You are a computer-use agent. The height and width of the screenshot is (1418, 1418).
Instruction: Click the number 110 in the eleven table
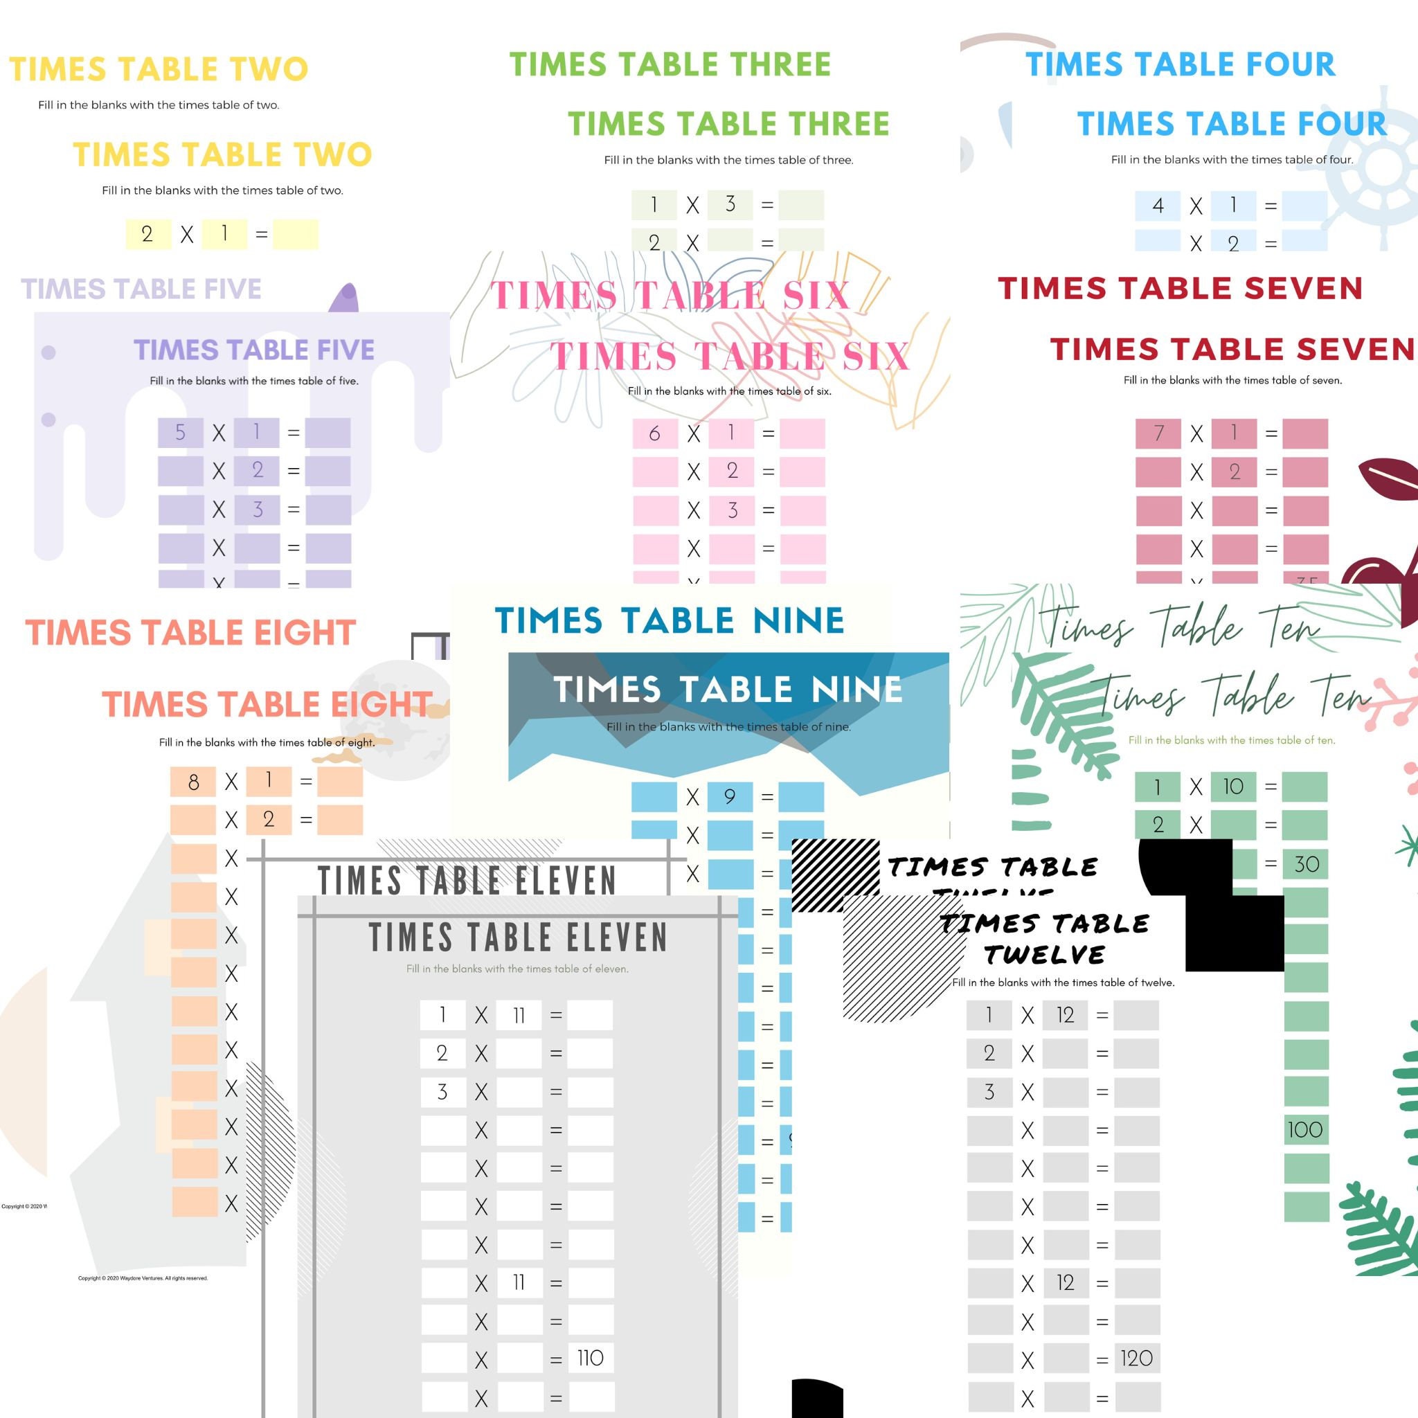coord(590,1358)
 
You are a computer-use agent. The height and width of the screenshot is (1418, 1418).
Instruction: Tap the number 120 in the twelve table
coord(1137,1358)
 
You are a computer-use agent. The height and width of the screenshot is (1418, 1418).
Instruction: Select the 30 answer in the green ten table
coord(1307,864)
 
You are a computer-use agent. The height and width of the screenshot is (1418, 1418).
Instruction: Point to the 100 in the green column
coord(1305,1129)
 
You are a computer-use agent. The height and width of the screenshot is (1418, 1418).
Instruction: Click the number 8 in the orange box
coord(193,782)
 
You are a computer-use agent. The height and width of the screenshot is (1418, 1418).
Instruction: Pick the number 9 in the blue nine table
coord(730,796)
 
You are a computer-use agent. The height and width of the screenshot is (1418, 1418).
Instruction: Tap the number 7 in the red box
coord(1158,433)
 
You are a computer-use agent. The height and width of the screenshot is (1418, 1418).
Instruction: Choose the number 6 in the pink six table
coord(655,433)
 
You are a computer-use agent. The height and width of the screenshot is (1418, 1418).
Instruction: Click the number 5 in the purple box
coord(181,432)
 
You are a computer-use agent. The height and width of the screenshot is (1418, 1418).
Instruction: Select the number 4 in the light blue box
coord(1158,206)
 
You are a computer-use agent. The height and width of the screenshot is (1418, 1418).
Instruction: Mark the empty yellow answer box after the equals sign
coord(295,234)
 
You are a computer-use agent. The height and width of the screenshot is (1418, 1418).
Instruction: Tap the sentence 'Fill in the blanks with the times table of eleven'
coord(517,969)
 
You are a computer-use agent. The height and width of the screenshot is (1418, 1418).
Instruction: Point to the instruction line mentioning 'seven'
coord(1232,380)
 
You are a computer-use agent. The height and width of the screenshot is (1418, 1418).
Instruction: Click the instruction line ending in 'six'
coord(730,391)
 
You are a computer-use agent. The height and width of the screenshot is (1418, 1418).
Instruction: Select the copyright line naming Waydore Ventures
coord(143,1278)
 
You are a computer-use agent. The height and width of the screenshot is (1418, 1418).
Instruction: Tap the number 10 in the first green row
coord(1233,786)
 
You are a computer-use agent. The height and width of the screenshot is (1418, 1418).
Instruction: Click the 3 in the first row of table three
coord(730,204)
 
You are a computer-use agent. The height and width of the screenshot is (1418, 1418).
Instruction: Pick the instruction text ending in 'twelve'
coord(1063,982)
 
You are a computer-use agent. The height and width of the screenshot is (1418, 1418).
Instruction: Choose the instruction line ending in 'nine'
coord(729,726)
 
